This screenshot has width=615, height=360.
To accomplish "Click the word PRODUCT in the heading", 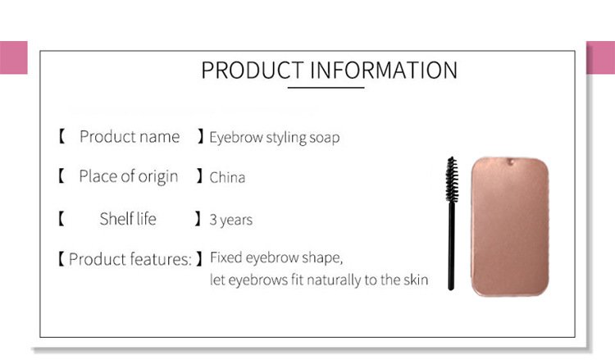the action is (253, 71).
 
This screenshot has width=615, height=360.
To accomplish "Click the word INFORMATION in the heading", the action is (384, 71).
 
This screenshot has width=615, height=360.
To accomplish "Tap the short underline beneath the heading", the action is (326, 88).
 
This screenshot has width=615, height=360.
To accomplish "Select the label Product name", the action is (130, 137).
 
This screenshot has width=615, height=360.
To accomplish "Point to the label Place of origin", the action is (129, 176).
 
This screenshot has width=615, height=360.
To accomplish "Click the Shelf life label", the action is (128, 218).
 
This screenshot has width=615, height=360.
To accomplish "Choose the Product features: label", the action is (130, 259).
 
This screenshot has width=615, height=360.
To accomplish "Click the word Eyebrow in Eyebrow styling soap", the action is (236, 137).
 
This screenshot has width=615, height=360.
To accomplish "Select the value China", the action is (227, 177).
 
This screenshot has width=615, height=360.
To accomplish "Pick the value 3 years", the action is (231, 220).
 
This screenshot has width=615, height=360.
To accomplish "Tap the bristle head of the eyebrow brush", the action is (452, 180).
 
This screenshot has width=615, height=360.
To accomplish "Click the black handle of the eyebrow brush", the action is (451, 246).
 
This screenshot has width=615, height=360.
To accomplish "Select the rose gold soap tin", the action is (510, 226).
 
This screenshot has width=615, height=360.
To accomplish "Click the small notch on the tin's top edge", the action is (510, 162).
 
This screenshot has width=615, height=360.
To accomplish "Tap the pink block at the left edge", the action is (14, 57).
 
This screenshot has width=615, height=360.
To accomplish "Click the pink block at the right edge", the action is (601, 57).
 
